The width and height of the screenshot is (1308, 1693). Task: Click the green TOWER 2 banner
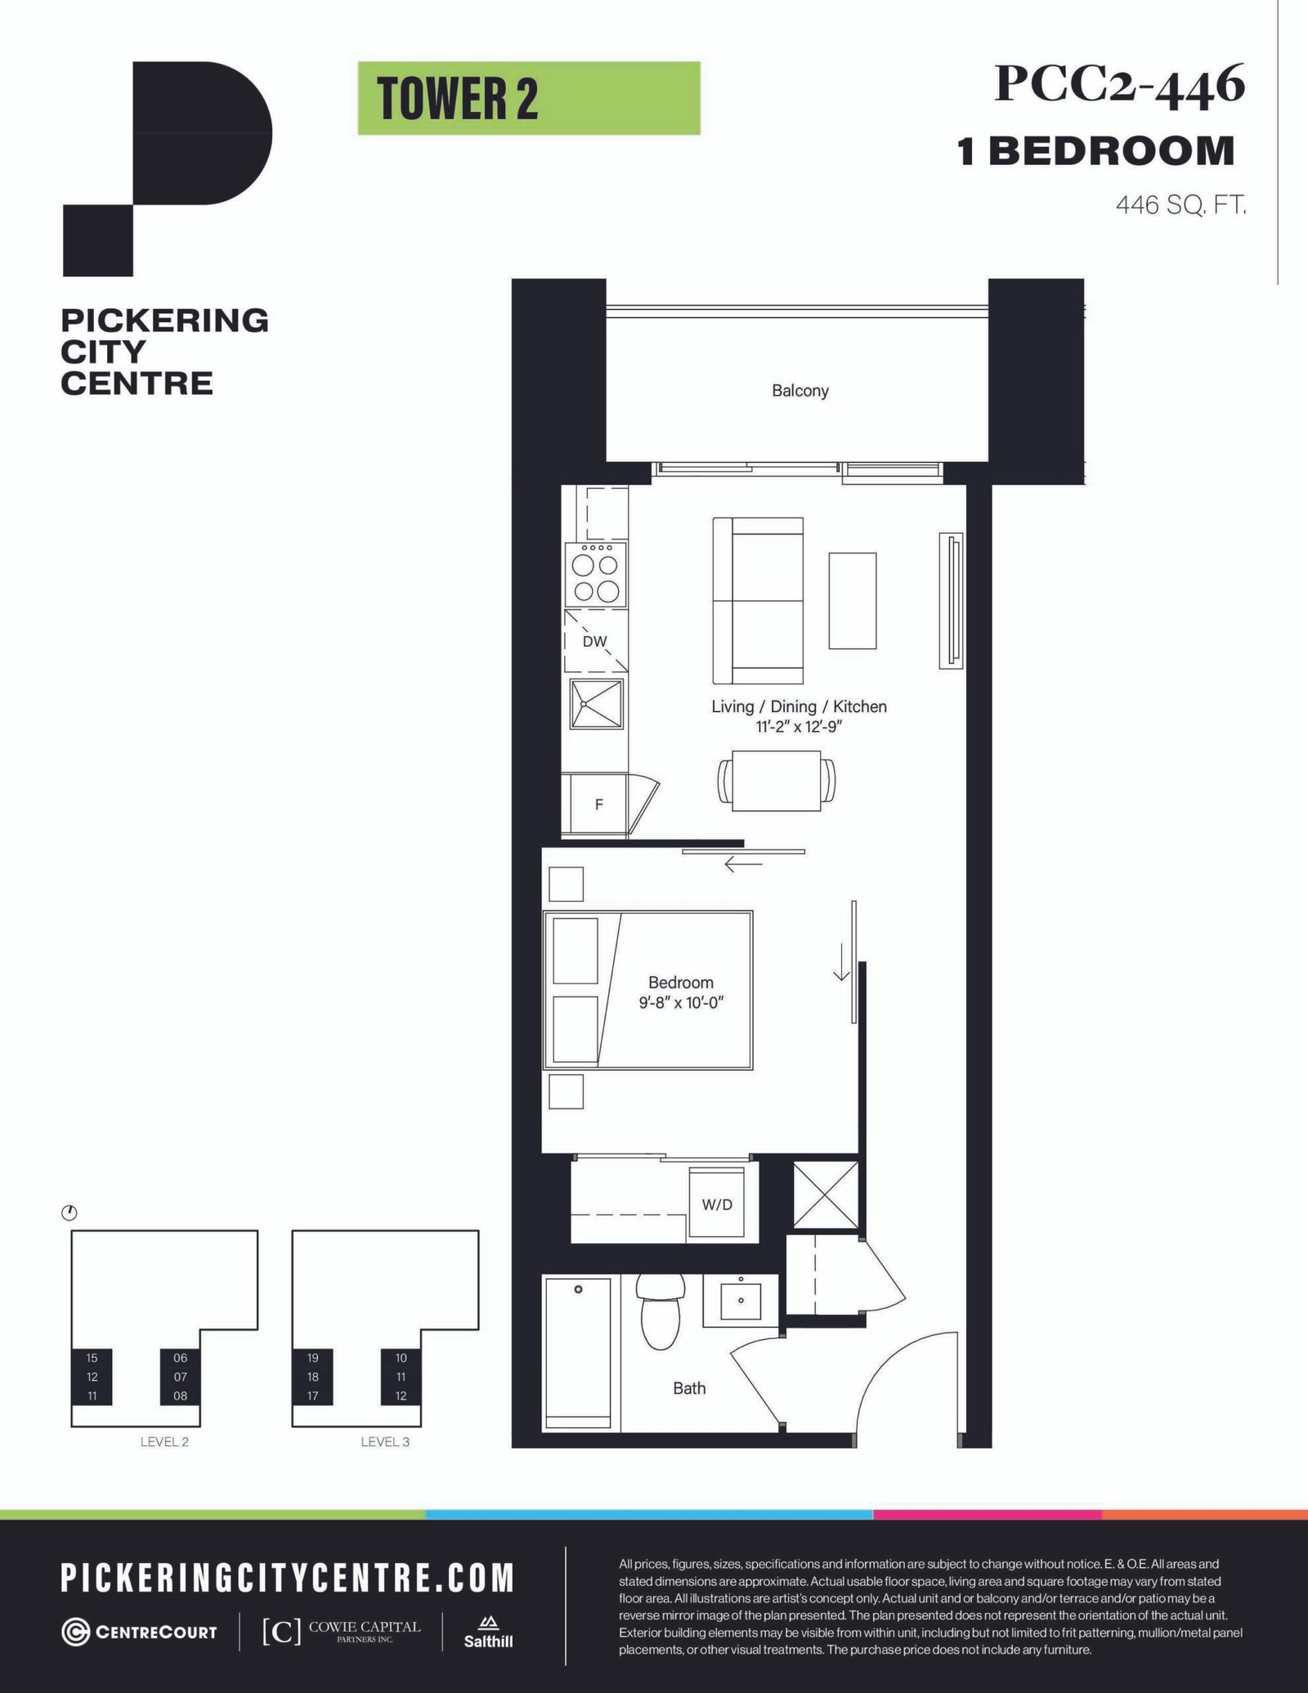(529, 98)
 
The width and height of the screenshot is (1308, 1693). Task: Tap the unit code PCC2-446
(1119, 85)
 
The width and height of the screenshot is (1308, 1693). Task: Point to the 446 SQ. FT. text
(1180, 204)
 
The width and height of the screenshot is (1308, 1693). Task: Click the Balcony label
(800, 391)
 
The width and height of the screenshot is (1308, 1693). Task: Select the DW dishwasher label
(595, 642)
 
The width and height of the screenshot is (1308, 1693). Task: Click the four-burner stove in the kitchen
(596, 575)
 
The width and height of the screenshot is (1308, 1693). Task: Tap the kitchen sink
(597, 704)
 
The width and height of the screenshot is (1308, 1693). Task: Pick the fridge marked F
(594, 804)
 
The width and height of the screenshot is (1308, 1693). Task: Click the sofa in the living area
(758, 600)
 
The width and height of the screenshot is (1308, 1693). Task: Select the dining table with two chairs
(777, 782)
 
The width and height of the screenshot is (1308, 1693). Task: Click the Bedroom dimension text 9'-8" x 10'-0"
(682, 1002)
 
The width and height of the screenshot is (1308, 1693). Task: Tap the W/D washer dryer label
(717, 1204)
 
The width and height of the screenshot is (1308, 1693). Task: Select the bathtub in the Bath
(578, 1353)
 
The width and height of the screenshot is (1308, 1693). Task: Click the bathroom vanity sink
(741, 1301)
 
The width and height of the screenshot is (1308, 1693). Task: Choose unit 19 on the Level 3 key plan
(313, 1358)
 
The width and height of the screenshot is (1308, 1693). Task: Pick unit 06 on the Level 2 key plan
(180, 1358)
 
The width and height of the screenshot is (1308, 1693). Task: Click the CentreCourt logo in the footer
(140, 1632)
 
